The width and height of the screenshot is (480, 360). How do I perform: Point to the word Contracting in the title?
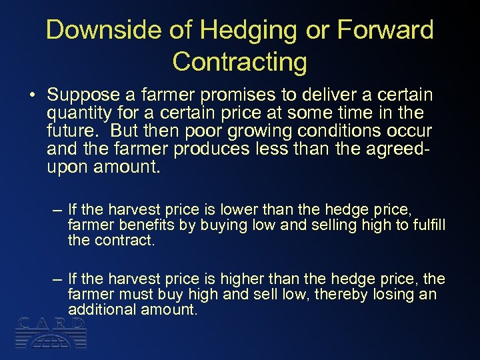(239, 62)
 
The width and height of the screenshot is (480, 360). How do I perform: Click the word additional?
(100, 309)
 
